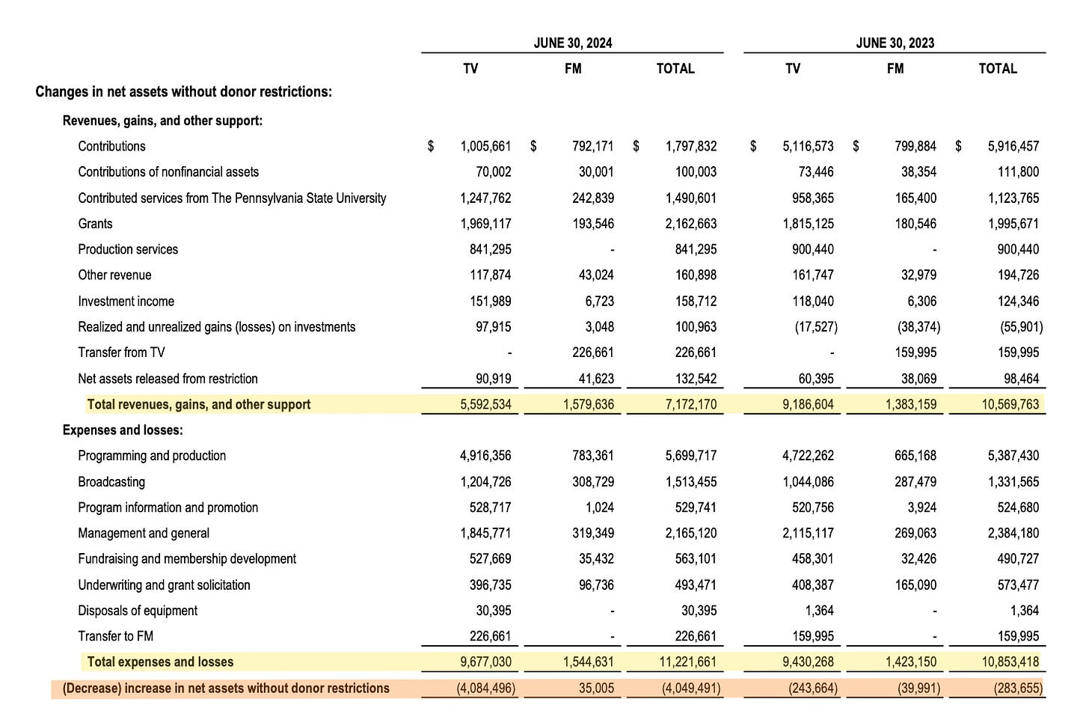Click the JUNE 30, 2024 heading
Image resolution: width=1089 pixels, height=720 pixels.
[572, 43]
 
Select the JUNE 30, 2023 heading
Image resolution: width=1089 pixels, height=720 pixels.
[895, 43]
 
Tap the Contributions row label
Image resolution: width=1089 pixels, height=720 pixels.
[111, 146]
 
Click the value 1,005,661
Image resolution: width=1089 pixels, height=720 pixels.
[485, 146]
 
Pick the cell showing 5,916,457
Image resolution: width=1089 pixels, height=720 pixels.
[1013, 146]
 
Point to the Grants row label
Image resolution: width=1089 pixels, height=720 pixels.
[95, 224]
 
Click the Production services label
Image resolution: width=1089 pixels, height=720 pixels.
[128, 249]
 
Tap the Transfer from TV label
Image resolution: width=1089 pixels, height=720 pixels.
[121, 353]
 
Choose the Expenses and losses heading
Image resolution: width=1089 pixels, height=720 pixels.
[123, 430]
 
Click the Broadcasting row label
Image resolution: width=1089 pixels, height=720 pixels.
[111, 481]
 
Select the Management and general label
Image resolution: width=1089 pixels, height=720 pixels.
[144, 533]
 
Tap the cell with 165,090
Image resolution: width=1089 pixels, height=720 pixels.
[915, 585]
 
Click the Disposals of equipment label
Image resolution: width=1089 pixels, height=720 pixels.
[138, 611]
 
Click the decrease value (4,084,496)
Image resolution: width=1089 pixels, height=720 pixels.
[485, 688]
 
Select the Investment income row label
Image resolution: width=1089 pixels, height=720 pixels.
[126, 301]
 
